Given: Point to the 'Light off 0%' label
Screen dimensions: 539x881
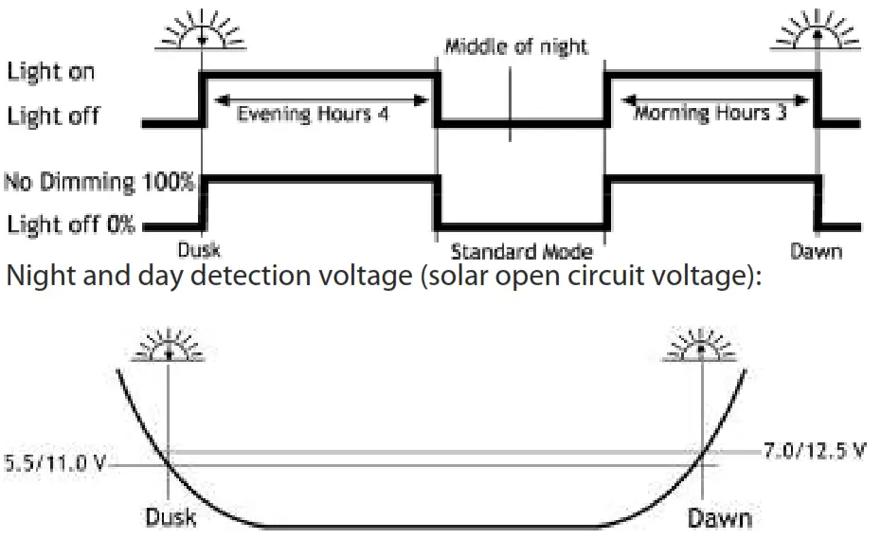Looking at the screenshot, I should pos(71,225).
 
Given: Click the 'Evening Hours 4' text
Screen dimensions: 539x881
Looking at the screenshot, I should pos(312,114).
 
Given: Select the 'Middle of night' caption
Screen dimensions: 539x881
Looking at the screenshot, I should pos(516,46).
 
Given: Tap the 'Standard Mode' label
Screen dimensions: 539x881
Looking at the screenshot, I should pos(521,252).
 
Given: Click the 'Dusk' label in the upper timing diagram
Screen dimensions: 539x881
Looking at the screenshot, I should pos(199,251).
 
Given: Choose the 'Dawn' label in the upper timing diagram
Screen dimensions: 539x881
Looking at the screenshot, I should pos(816,252).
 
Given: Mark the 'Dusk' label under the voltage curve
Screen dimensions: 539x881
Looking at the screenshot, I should pos(171,518).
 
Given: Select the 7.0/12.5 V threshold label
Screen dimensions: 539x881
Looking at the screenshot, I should pos(815,450).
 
